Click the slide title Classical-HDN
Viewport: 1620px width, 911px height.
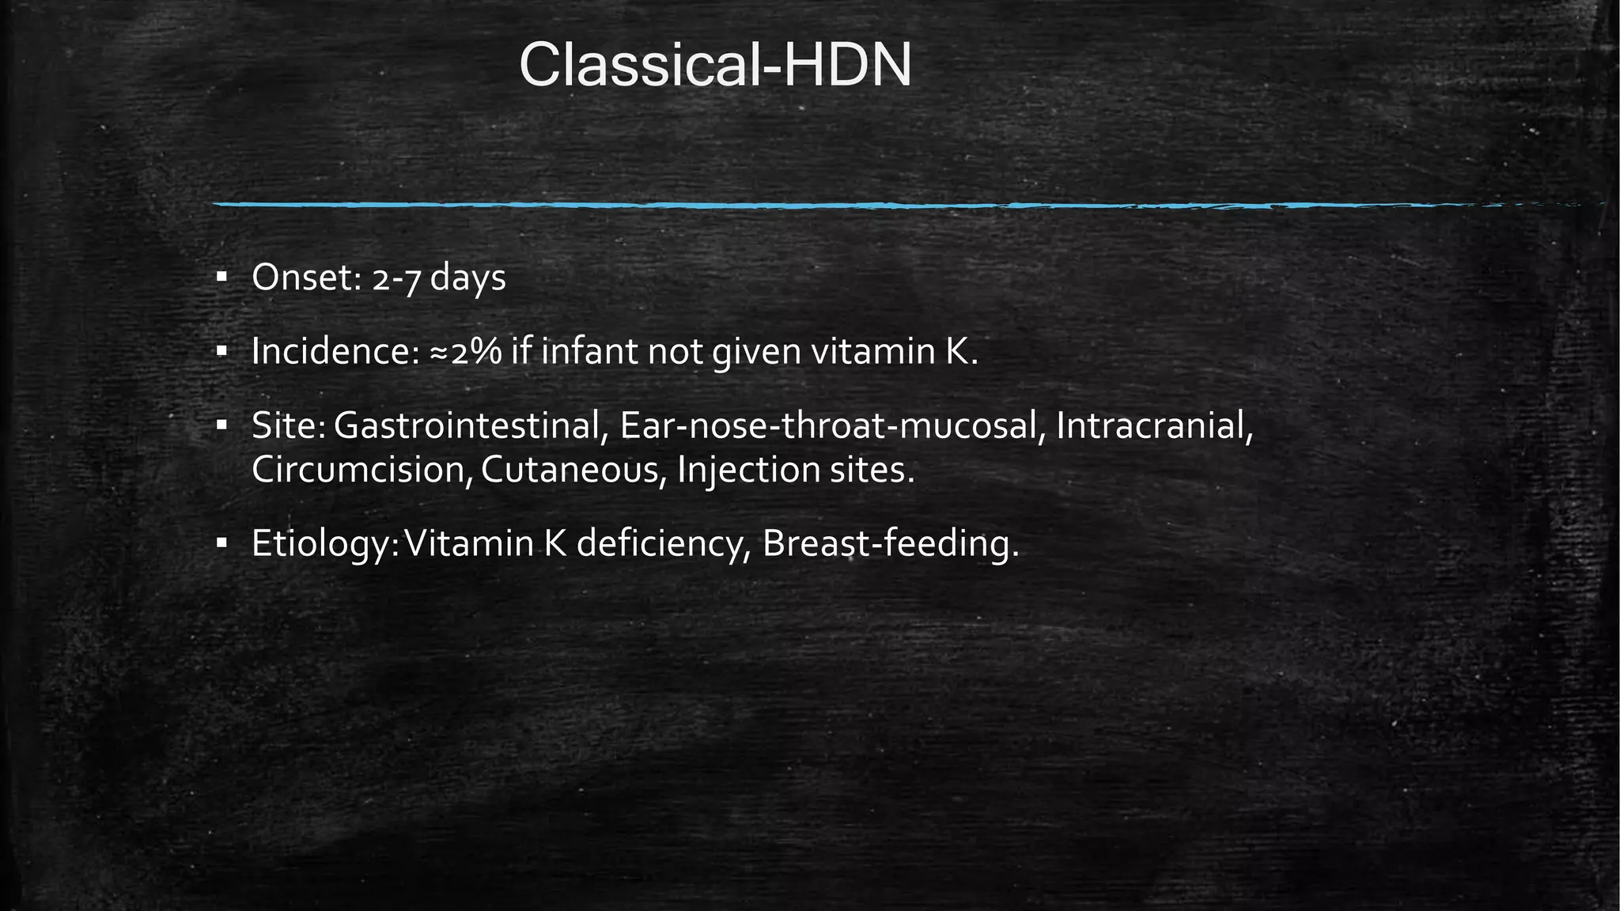(x=715, y=66)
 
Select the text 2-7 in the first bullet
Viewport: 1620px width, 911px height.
(x=395, y=279)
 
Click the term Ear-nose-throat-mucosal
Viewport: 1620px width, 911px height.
(x=828, y=426)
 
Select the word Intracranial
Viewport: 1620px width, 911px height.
(x=1154, y=426)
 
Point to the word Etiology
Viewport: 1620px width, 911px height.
(x=321, y=544)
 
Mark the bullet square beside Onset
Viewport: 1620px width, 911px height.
(x=221, y=277)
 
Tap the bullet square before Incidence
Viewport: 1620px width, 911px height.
(x=221, y=350)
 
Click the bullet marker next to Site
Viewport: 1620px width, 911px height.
(x=221, y=425)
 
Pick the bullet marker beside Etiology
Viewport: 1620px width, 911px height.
(x=221, y=542)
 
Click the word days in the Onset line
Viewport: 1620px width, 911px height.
(x=467, y=279)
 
